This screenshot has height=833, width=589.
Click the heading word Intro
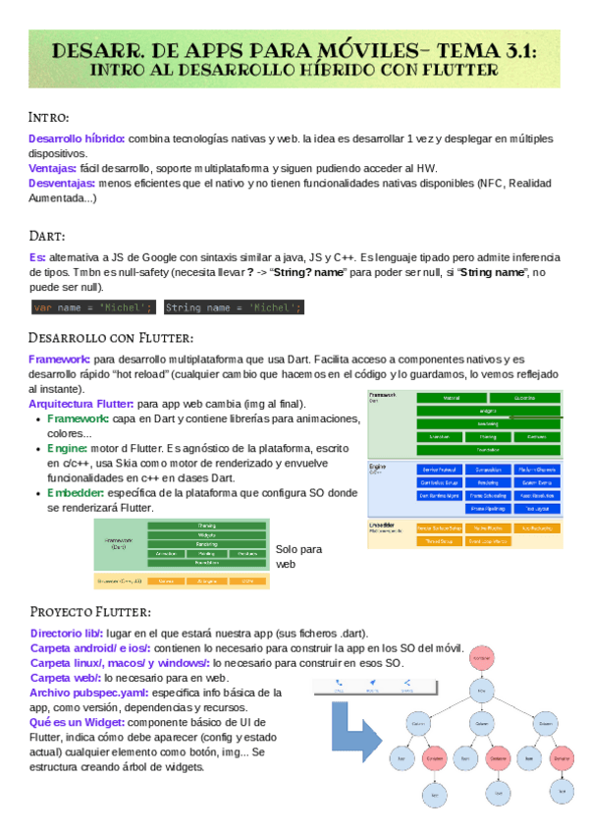tap(48, 118)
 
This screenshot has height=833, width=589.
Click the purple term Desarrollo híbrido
tap(77, 139)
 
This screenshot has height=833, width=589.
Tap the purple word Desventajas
tap(62, 183)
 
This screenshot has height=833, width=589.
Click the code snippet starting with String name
tap(234, 307)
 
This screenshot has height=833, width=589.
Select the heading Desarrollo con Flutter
tap(110, 338)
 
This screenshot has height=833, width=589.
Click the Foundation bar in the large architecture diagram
tap(487, 449)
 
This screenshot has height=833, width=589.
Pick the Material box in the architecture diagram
tap(452, 398)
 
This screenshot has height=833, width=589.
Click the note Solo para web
tap(298, 557)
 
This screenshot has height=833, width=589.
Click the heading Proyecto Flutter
tap(89, 613)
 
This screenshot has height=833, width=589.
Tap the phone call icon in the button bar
tap(339, 684)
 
